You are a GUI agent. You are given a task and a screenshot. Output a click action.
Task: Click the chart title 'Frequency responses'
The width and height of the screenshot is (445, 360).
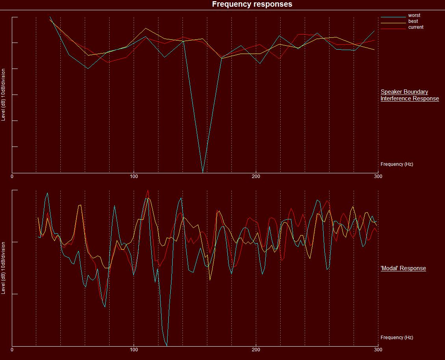point(252,4)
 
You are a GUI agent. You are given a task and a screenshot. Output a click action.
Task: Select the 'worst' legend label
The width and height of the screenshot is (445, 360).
point(414,15)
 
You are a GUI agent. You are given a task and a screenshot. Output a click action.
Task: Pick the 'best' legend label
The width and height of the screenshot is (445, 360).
point(413,21)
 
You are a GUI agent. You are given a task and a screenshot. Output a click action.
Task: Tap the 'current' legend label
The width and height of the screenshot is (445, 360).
point(416,27)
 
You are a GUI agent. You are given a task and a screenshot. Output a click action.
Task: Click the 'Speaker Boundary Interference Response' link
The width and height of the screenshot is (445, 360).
point(410,95)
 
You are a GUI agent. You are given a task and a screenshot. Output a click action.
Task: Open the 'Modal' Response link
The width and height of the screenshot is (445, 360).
point(403,268)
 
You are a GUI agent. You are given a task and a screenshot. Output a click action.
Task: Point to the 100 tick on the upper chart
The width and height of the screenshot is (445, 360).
point(134,176)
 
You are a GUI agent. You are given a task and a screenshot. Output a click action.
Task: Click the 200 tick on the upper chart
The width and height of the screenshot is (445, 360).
point(256,176)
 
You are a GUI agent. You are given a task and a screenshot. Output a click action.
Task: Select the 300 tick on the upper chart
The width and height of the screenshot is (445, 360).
point(378,176)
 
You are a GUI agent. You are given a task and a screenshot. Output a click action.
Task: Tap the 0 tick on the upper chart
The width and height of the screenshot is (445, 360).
point(12,176)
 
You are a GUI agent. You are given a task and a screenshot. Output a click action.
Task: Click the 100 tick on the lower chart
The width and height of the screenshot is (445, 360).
point(134,350)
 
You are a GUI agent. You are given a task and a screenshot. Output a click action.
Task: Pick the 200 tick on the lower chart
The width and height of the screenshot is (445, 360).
point(256,350)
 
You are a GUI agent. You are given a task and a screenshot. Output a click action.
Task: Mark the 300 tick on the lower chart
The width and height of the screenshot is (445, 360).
point(378,350)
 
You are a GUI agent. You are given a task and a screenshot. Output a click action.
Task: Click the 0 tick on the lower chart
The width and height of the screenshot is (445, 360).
point(12,350)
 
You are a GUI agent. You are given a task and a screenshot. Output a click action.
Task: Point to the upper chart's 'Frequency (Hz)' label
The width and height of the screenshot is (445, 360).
point(397,164)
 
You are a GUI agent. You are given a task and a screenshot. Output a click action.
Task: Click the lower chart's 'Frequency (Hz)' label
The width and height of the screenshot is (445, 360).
point(397,338)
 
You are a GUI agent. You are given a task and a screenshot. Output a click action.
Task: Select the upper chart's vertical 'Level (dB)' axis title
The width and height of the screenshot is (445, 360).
point(4,95)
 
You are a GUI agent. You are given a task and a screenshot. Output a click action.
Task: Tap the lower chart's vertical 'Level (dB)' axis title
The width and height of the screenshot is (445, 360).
point(4,268)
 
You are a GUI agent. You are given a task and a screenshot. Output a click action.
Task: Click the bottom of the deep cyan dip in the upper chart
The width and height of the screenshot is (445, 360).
point(203,172)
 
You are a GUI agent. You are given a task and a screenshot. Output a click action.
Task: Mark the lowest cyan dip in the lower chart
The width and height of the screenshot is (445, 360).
point(167,345)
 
